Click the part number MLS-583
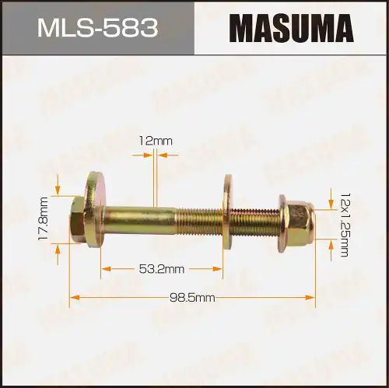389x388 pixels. click(97, 29)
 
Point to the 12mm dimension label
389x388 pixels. click(155, 141)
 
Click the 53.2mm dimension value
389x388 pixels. click(162, 269)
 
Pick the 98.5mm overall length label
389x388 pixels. click(192, 297)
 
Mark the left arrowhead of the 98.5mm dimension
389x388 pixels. click(73, 297)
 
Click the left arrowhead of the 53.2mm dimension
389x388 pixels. click(104, 269)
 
